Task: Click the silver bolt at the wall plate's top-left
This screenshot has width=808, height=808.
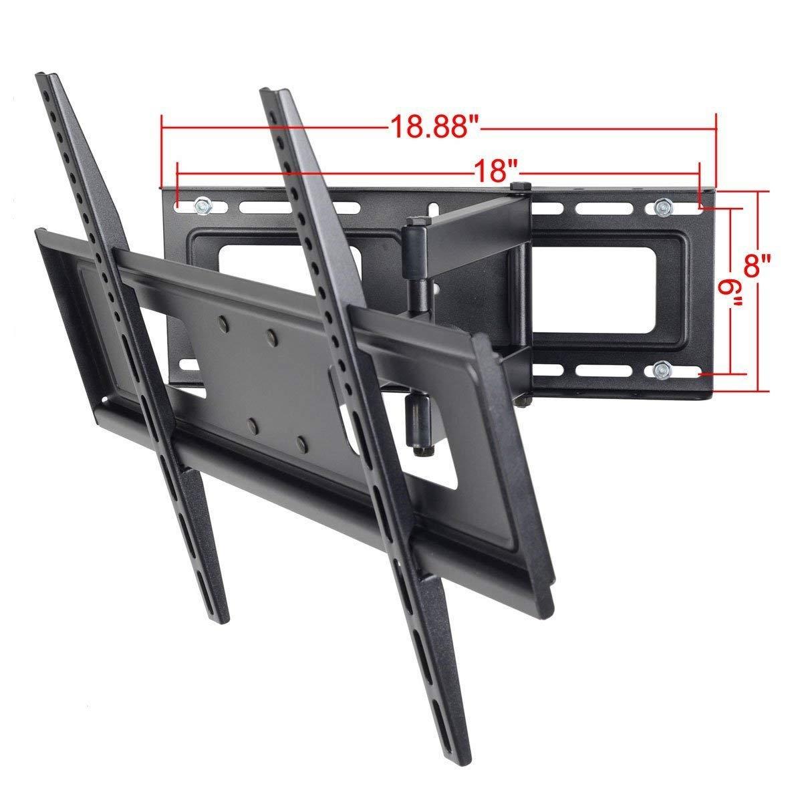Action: (202, 207)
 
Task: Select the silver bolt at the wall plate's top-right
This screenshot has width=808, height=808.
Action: (661, 208)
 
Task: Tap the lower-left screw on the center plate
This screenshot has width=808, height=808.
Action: (253, 424)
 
